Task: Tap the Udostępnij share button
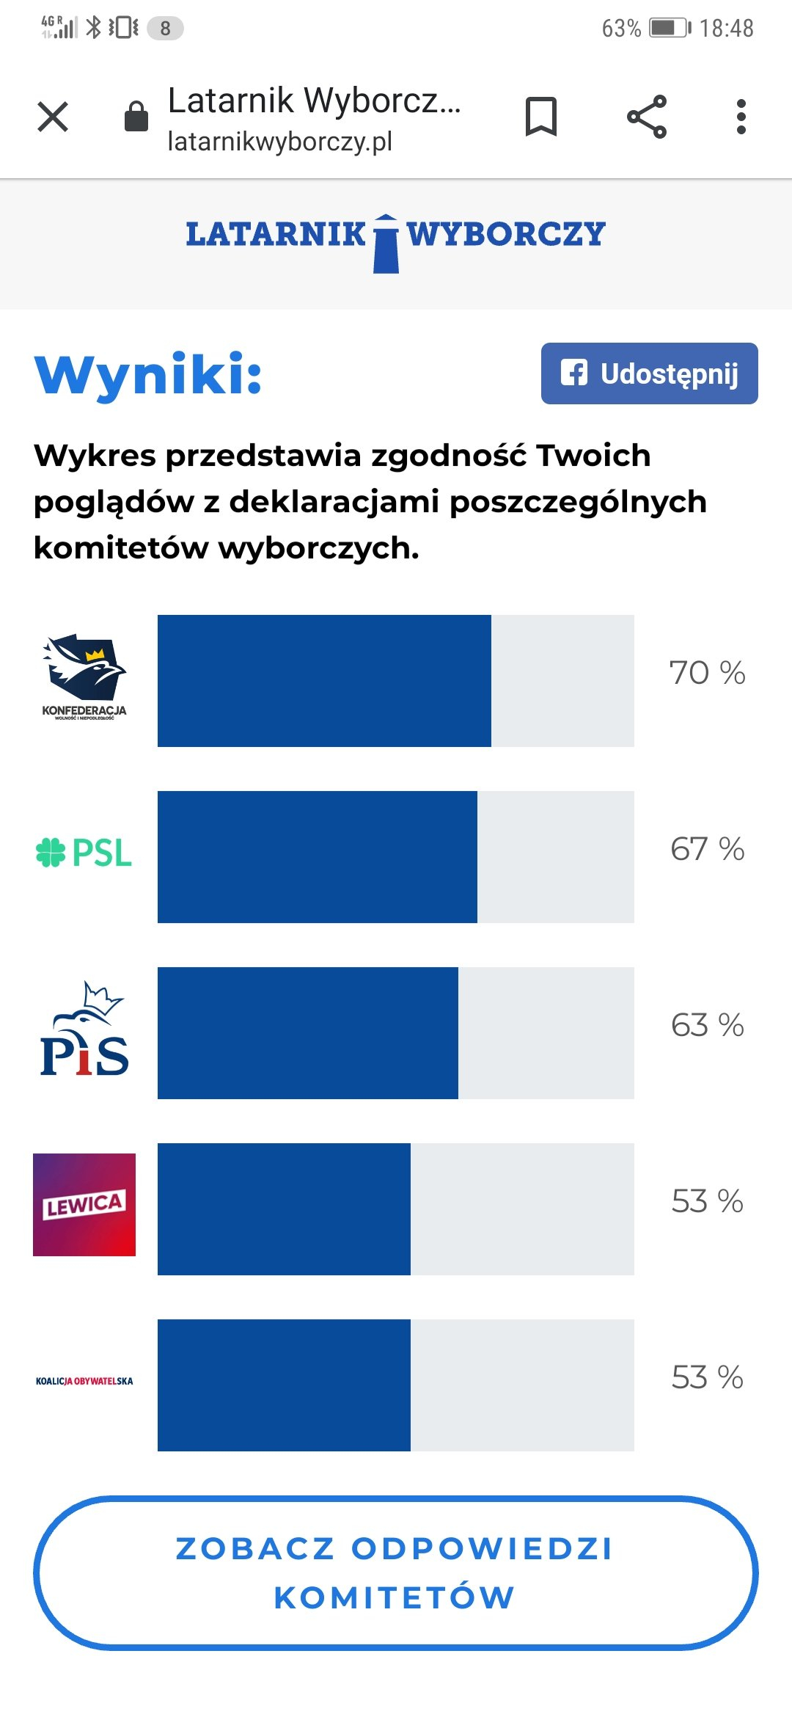coord(649,373)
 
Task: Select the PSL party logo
coord(84,853)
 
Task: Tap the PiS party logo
coord(84,1029)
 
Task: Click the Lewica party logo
coord(84,1205)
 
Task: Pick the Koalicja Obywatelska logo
coord(84,1381)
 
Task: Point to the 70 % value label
coord(707,673)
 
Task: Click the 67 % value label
coord(707,849)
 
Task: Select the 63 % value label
coord(707,1025)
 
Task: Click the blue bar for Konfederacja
coord(324,681)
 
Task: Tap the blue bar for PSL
coord(317,857)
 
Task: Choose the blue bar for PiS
coord(308,1033)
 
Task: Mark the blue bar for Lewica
coord(284,1209)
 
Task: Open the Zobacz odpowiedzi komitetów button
coord(396,1573)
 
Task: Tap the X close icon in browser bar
coord(53,117)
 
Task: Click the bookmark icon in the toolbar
coord(541,117)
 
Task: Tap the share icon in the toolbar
coord(647,117)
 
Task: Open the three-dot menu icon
coord(741,117)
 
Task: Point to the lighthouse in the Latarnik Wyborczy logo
coord(386,244)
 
